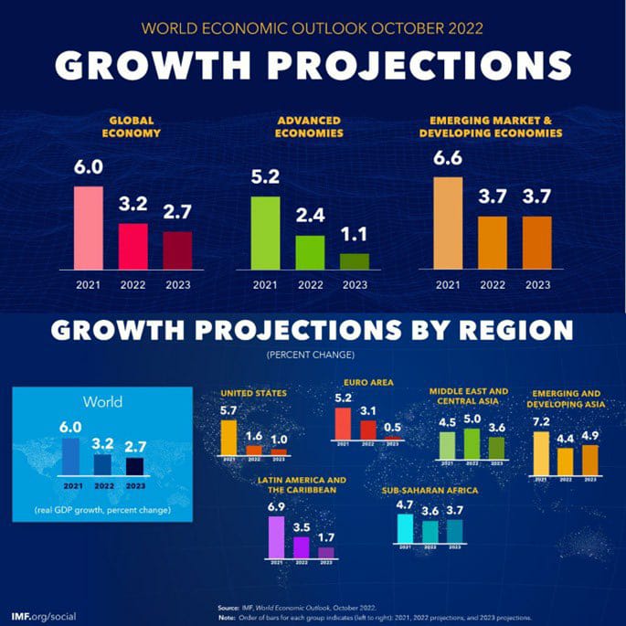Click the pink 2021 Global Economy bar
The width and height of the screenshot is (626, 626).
click(89, 227)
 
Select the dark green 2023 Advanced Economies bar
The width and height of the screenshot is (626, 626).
click(355, 260)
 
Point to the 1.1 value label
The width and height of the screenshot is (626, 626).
click(355, 236)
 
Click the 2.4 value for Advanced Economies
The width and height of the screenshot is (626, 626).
click(309, 218)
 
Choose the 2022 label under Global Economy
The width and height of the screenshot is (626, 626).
click(133, 284)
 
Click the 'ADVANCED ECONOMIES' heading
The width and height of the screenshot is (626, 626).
click(309, 126)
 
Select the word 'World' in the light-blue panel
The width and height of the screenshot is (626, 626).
click(102, 401)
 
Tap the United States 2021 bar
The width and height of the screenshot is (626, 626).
click(228, 437)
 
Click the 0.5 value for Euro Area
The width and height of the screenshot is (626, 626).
click(394, 427)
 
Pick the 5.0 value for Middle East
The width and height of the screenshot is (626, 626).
click(472, 419)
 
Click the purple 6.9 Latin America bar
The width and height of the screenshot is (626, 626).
click(275, 536)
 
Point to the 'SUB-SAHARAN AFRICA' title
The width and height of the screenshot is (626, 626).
click(430, 491)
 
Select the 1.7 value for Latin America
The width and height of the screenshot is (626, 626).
click(325, 536)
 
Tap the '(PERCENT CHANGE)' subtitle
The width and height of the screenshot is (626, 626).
click(309, 353)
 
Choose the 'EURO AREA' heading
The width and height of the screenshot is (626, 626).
click(368, 383)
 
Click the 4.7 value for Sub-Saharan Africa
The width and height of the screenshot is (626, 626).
click(405, 504)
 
